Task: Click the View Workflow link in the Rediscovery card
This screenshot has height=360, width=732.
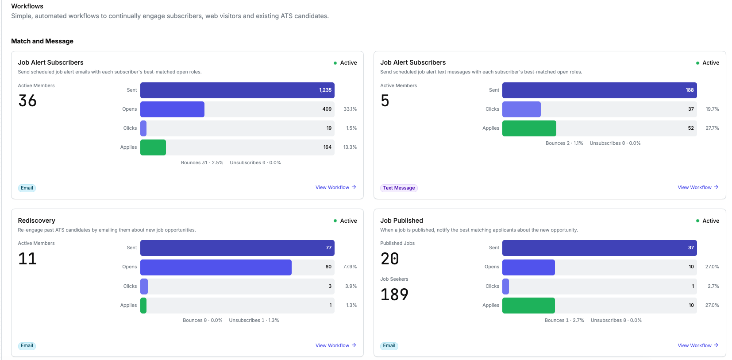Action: click(335, 345)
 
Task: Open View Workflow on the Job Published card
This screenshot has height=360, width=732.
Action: click(698, 345)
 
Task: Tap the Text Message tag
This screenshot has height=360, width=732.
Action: click(399, 188)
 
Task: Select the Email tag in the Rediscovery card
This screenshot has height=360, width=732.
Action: click(27, 346)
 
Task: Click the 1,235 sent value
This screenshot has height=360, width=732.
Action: click(325, 90)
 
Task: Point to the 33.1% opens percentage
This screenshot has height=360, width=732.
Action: click(350, 109)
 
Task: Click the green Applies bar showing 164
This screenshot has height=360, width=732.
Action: click(153, 147)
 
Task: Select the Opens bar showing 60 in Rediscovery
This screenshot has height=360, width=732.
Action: click(216, 267)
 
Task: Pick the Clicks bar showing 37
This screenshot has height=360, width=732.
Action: click(521, 109)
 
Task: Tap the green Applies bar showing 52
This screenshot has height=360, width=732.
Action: click(529, 128)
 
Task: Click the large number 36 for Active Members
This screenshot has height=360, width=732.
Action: click(27, 101)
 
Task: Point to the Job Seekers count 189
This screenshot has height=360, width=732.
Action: click(394, 294)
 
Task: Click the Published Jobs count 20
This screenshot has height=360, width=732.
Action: click(389, 259)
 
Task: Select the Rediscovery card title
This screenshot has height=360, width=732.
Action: click(37, 221)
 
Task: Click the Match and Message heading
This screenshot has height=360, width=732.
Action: click(42, 41)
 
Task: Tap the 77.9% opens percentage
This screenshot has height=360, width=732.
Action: click(350, 267)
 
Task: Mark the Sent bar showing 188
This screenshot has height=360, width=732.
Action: click(599, 90)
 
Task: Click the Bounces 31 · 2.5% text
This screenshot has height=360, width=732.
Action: click(202, 163)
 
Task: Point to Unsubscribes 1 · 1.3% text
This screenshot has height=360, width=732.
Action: click(254, 320)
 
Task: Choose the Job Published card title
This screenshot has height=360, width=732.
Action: click(401, 221)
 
